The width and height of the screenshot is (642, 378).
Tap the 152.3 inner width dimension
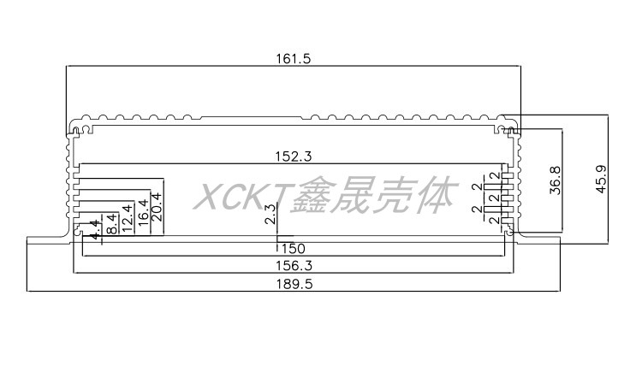point(292,157)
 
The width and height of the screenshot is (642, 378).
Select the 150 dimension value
point(292,248)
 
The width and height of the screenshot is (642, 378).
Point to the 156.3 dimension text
point(292,265)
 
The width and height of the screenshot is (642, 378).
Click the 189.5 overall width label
point(292,284)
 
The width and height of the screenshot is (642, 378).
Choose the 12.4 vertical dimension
point(127,218)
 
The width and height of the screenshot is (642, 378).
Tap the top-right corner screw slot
point(511,131)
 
